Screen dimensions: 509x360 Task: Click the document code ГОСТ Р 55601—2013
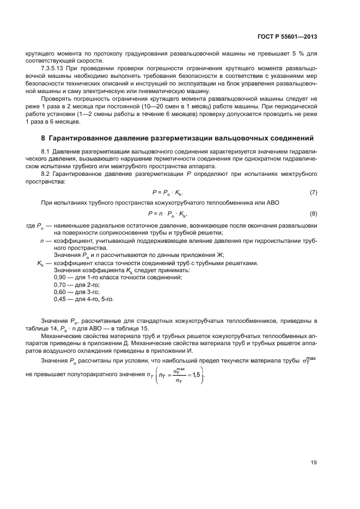(x=287, y=36)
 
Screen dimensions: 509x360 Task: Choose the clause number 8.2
(x=46, y=173)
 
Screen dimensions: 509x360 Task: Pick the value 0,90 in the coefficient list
(x=59, y=278)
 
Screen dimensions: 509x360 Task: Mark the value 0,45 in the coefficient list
(x=59, y=299)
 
